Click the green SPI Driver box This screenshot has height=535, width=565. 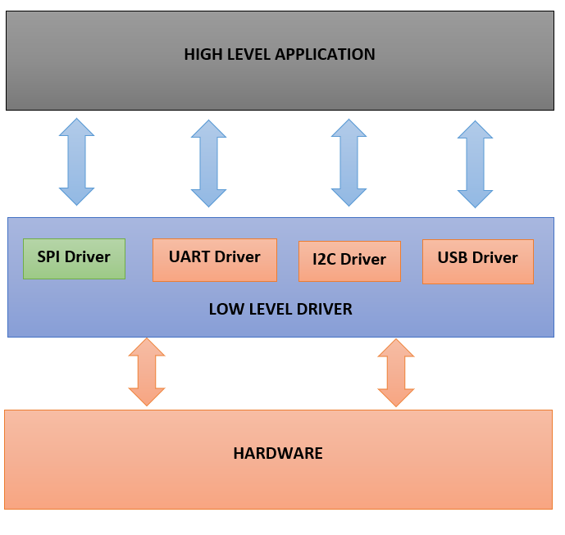coord(74,259)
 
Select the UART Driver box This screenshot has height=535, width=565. coord(214,260)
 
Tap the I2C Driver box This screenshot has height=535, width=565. coord(349,261)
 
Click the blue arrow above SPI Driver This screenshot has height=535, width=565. coord(77,161)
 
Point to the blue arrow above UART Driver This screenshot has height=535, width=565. coord(208,163)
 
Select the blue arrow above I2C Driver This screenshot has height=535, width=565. coord(349,162)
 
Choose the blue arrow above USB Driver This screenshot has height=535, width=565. coord(476,164)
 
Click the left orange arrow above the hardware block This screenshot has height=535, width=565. coord(147,372)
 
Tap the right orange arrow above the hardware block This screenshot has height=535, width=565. coord(396,373)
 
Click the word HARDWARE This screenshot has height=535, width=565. coord(278,453)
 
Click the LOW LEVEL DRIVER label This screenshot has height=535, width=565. coord(280,310)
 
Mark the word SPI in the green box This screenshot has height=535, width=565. coord(49,256)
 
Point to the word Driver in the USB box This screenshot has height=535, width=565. coord(495,258)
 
